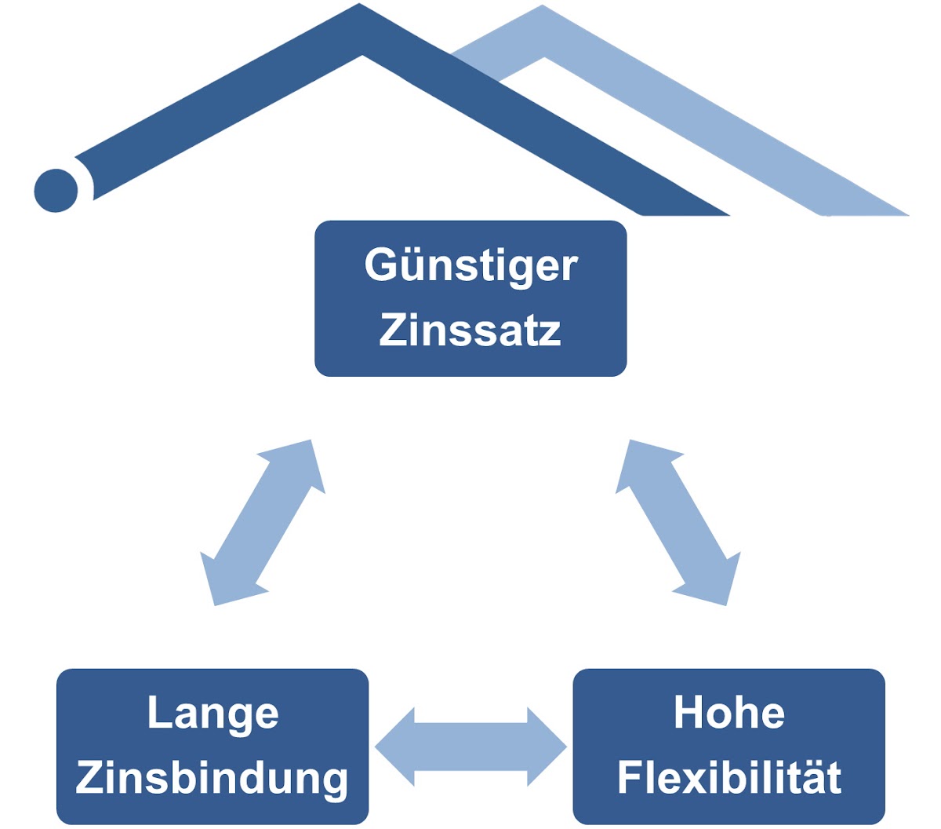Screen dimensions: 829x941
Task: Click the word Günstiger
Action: tap(470, 265)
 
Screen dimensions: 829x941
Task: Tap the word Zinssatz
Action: tap(470, 330)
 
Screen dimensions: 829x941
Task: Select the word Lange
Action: tap(213, 713)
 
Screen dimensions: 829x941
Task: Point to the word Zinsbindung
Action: tap(212, 777)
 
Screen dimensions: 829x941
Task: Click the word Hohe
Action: tap(729, 713)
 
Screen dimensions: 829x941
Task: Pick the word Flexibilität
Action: tap(729, 777)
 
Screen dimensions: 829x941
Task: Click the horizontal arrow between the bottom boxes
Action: tap(470, 747)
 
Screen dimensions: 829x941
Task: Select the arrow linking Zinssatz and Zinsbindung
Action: tap(263, 522)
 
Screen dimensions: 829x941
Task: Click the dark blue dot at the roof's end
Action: tap(56, 190)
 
